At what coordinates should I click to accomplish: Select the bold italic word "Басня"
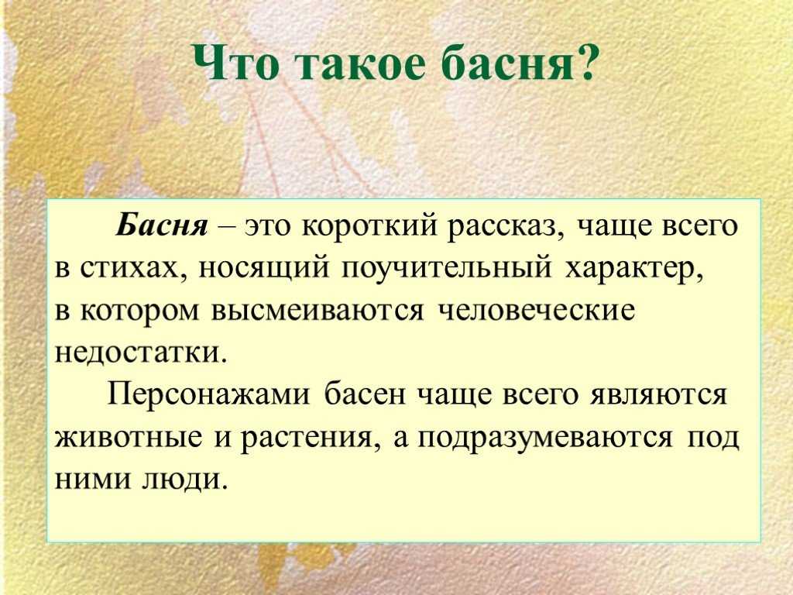pos(162,225)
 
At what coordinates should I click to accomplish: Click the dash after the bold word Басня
pos(227,229)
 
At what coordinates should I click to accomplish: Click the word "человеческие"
pos(536,311)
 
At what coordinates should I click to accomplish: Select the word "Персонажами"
pos(208,394)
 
